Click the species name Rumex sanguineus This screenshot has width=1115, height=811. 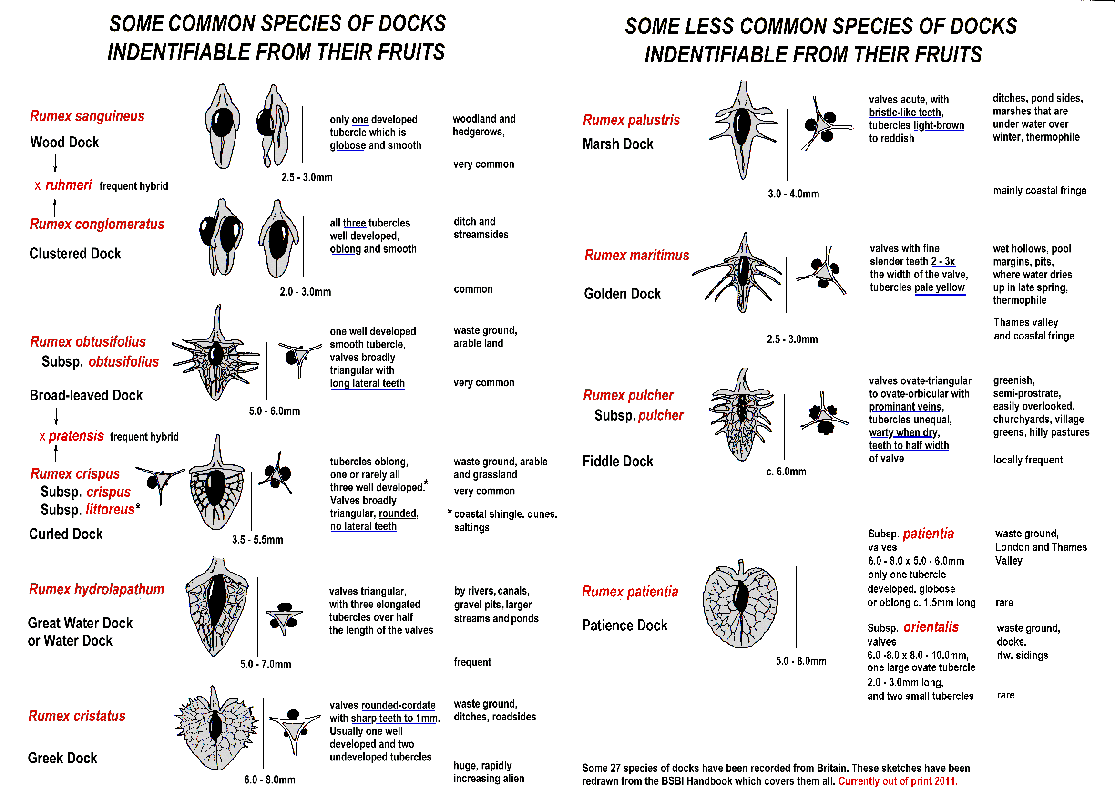coord(87,116)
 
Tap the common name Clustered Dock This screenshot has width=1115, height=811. coord(75,254)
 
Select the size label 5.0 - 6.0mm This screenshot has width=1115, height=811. coord(274,411)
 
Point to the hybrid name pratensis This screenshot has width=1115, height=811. coord(76,436)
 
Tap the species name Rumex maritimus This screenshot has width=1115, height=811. coord(636,256)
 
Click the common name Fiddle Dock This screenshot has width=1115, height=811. coord(617,462)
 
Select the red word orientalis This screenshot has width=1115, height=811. coord(931,627)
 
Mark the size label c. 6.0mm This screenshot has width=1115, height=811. coord(786,472)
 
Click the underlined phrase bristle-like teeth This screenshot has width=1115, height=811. coord(905,113)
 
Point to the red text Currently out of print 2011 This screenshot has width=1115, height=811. coord(898,781)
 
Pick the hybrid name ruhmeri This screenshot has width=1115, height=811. coord(68,185)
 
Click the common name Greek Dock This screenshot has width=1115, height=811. coord(62,759)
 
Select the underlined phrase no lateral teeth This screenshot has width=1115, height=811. coord(363,526)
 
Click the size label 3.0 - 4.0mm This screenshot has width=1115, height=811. coord(793,194)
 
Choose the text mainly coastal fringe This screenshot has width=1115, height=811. coord(1039,191)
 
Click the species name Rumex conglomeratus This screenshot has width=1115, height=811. coord(97,224)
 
